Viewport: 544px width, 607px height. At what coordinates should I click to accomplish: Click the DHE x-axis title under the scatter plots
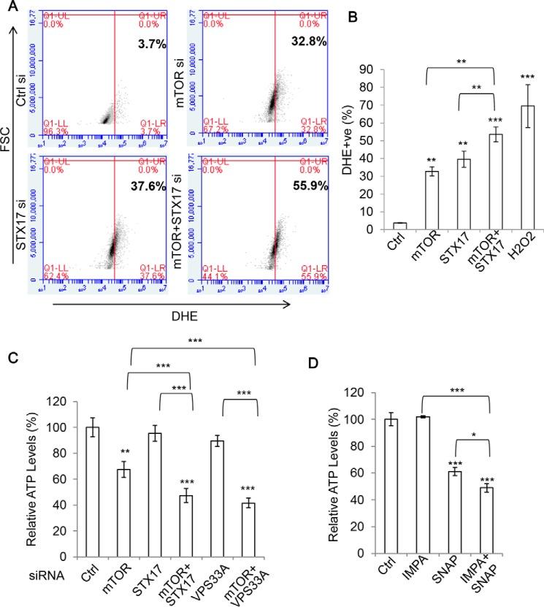(x=158, y=296)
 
